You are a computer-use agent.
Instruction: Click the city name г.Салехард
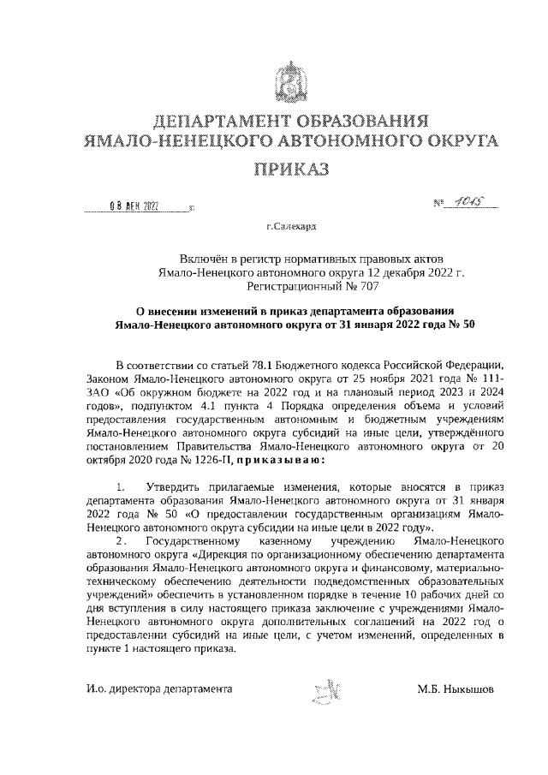(x=291, y=228)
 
